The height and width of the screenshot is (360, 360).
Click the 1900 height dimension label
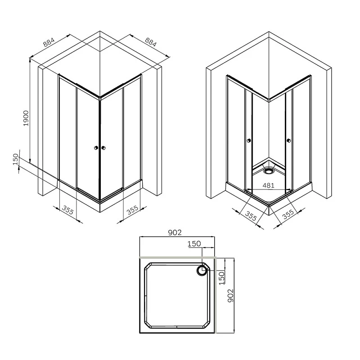pos(26,118)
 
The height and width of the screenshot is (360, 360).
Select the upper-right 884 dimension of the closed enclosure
pos(151,42)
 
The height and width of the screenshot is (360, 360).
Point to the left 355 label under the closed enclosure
pos(68,211)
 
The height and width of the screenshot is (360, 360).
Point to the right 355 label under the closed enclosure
pos(132,211)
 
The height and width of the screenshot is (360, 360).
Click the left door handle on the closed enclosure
pos(95,148)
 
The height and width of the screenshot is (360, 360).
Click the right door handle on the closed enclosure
pos(103,148)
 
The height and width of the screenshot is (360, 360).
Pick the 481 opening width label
pos(268,184)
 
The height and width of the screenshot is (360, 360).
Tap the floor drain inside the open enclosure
pos(269,171)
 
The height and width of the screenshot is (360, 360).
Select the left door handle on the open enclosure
pos(248,142)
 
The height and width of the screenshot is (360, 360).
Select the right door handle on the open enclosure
pos(288,142)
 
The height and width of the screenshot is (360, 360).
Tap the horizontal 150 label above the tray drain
pos(194,243)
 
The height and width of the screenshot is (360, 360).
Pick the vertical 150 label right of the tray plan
pos(221,277)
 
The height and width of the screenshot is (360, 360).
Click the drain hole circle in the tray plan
pos(201,270)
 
